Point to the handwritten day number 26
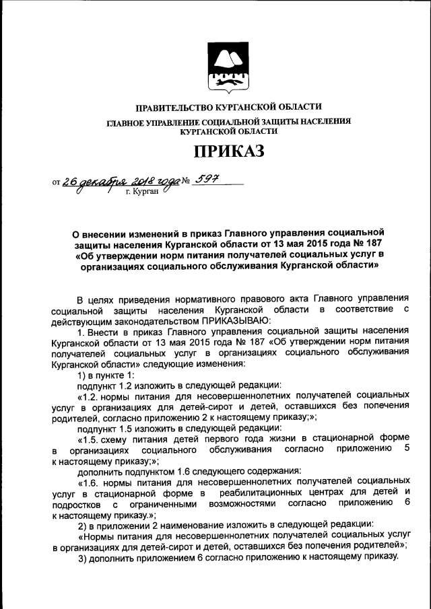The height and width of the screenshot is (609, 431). pyautogui.click(x=71, y=180)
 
